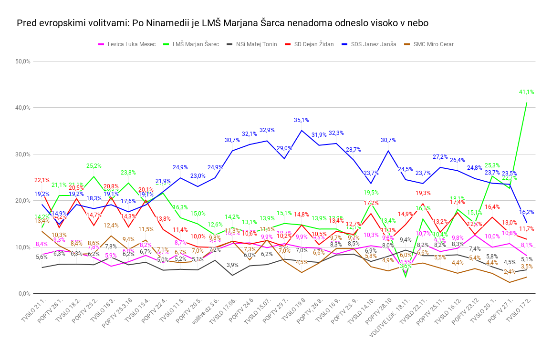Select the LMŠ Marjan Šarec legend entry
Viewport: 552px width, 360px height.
[195, 44]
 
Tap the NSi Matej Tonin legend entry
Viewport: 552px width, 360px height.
[256, 44]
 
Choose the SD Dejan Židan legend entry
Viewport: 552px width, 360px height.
[313, 44]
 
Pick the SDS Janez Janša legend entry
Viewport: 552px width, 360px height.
[373, 44]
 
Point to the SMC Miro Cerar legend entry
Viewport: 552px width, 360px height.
[433, 44]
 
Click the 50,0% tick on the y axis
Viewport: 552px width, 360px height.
[23, 62]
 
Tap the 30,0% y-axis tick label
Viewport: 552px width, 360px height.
[23, 154]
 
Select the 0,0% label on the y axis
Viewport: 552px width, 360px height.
[24, 294]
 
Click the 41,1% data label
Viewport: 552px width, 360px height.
[526, 92]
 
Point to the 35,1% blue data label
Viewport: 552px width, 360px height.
[302, 120]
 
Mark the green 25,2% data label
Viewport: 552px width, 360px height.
[94, 166]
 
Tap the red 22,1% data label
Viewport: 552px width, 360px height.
[42, 180]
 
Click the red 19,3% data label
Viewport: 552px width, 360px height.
[423, 193]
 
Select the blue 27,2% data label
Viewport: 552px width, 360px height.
[440, 157]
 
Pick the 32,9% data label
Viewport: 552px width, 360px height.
[267, 130]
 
